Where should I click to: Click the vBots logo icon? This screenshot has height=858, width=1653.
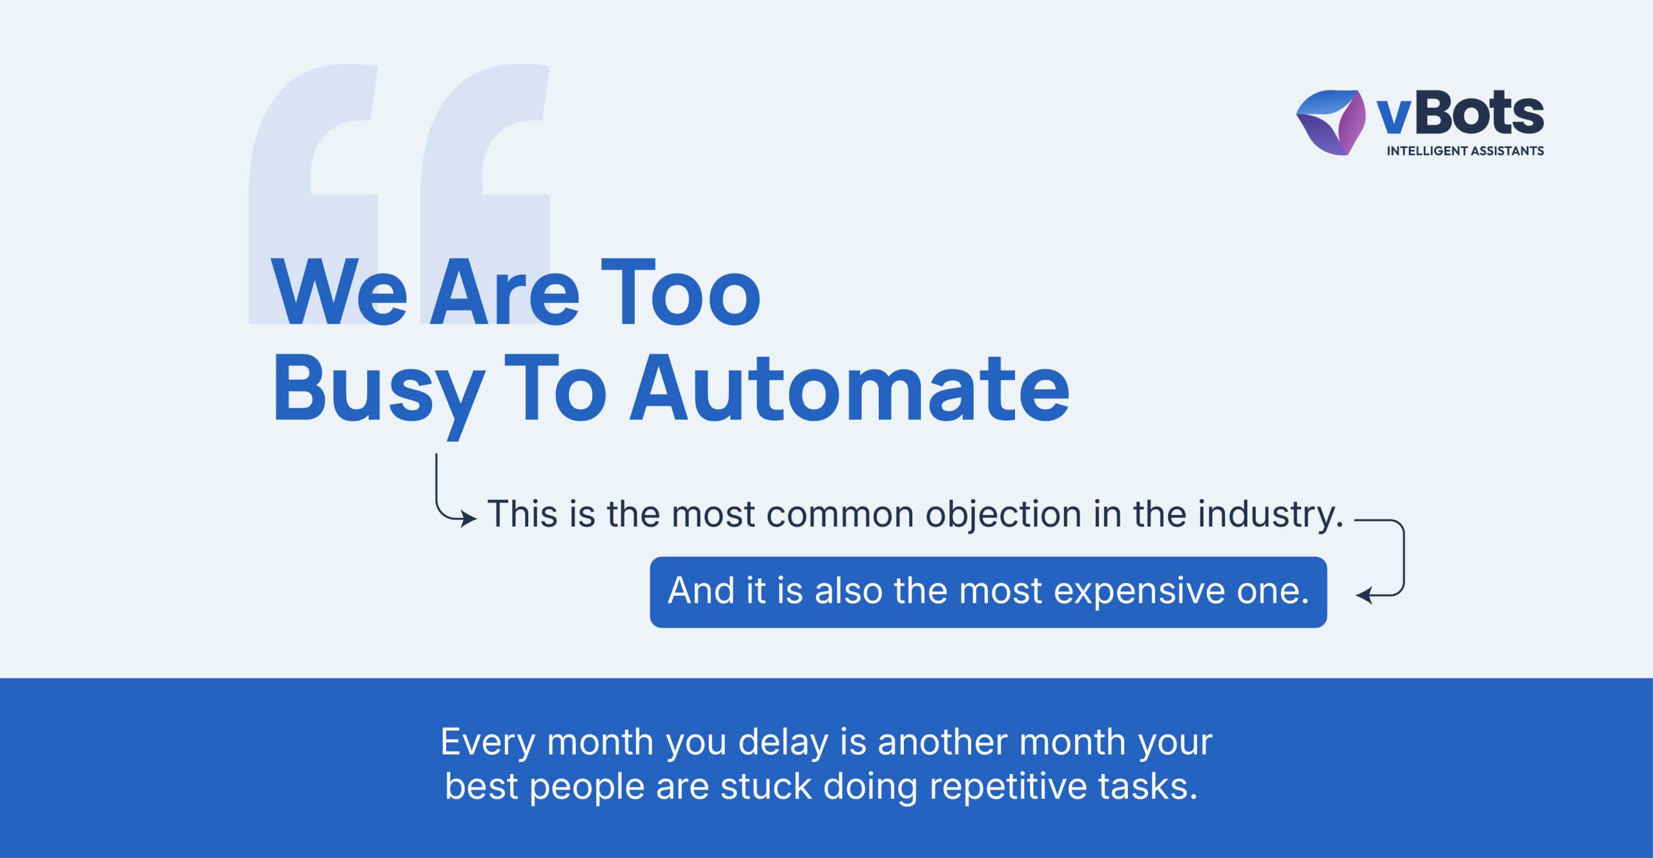coord(1331,122)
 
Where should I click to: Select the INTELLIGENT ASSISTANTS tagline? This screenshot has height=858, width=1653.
coord(1465,151)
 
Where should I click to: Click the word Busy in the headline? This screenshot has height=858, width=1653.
coord(379,395)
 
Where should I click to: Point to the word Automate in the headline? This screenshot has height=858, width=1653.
coord(850,389)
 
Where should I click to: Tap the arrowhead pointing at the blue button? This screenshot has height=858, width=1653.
coord(1364,595)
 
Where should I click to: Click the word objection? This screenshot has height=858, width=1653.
coord(1003,516)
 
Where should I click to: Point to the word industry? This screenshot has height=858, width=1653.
coord(1271,516)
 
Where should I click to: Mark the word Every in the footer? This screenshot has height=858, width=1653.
coord(488,743)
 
